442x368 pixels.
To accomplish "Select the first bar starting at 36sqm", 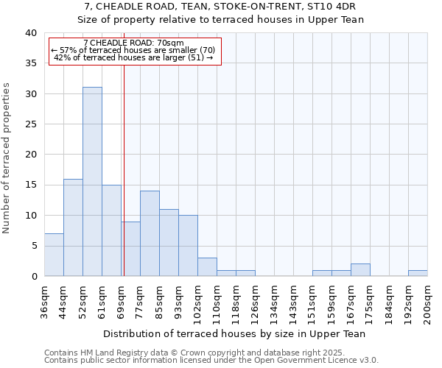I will pyautogui.click(x=54, y=255).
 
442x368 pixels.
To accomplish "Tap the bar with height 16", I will pyautogui.click(x=73, y=227).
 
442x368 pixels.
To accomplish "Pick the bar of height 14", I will pyautogui.click(x=150, y=233).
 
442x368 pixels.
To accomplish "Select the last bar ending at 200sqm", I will pyautogui.click(x=418, y=273).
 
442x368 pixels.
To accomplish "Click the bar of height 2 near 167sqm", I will pyautogui.click(x=360, y=269).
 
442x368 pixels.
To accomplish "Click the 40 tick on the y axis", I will pyautogui.click(x=30, y=33).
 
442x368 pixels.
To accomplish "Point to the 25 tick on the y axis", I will pyautogui.click(x=30, y=124).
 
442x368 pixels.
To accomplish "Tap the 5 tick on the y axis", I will pyautogui.click(x=33, y=246).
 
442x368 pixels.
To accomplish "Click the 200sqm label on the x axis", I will pyautogui.click(x=427, y=302).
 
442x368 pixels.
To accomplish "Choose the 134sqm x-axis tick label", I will pyautogui.click(x=274, y=302).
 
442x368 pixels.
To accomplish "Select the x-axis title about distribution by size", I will pyautogui.click(x=234, y=333).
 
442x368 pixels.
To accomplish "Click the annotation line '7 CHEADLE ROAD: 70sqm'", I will pyautogui.click(x=134, y=43).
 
